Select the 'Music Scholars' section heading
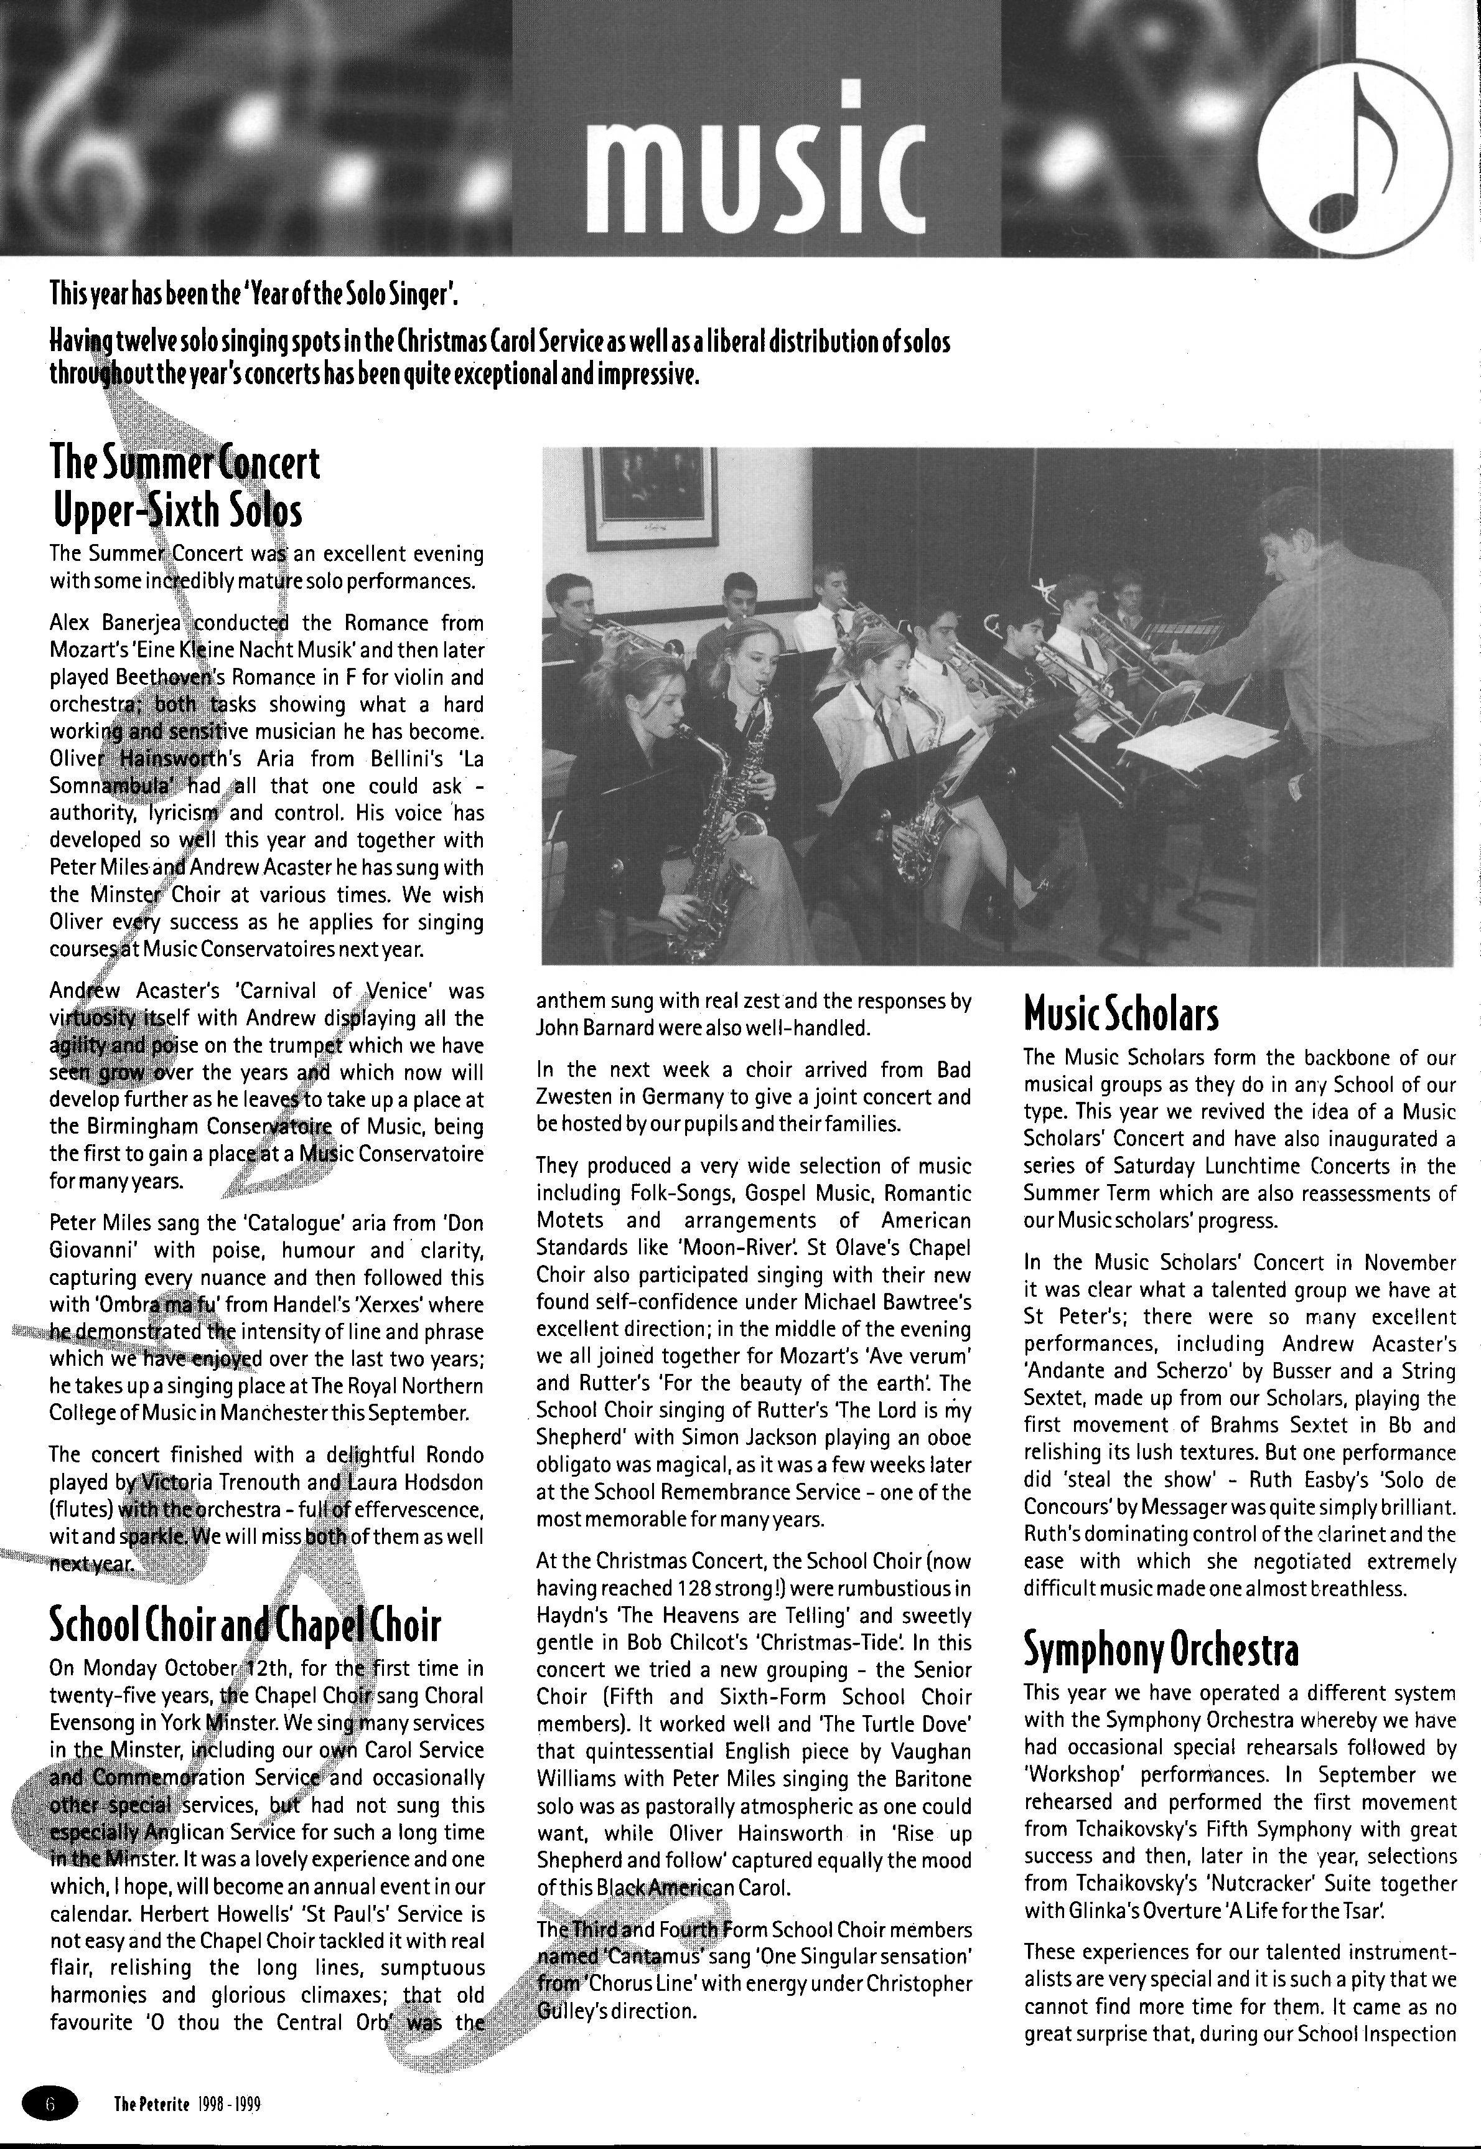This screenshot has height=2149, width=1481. [1120, 1013]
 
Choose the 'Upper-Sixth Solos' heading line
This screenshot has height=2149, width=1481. [175, 510]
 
